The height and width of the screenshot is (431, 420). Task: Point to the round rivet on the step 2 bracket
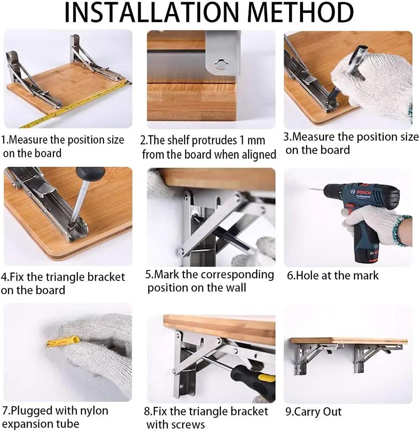[221, 65]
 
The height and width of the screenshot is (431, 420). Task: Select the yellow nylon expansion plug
[60, 343]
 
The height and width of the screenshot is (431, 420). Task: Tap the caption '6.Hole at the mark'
[333, 275]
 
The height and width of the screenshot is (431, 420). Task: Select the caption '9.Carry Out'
[314, 412]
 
